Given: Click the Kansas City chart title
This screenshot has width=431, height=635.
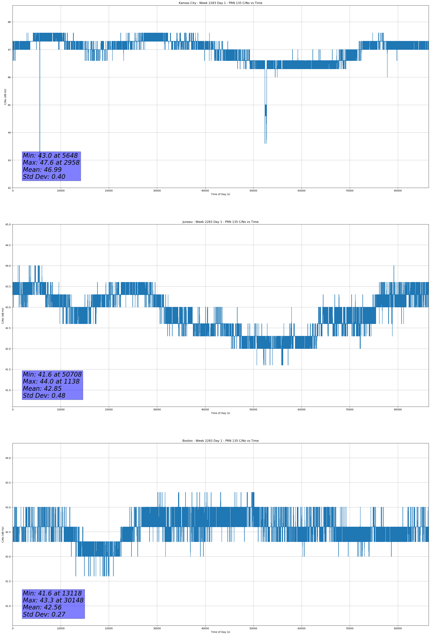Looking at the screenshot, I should click(220, 3).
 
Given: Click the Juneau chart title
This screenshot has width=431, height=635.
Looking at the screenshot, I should click(220, 222).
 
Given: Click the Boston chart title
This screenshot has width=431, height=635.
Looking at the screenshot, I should click(220, 441).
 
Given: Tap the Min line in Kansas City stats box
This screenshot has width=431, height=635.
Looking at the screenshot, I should click(50, 156).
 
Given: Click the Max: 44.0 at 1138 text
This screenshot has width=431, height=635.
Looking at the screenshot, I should click(51, 381).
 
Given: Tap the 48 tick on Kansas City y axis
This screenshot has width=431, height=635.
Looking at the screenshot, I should click(9, 22).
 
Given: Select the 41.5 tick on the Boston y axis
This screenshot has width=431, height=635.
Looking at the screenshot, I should click(8, 581).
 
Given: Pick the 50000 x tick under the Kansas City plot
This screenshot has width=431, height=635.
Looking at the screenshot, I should click(253, 191).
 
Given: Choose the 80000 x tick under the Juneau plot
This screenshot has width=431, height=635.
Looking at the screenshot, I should click(398, 409).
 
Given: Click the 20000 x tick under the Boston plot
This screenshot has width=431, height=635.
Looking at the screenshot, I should click(109, 628).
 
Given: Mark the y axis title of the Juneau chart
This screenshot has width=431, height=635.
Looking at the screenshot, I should click(3, 316).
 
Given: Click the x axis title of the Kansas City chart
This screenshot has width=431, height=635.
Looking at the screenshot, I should click(220, 194).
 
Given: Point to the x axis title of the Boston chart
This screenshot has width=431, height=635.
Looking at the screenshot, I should click(220, 632).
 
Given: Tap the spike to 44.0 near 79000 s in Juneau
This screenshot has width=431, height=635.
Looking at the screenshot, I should click(394, 266).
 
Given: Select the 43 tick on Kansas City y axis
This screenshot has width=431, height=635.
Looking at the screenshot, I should click(9, 160).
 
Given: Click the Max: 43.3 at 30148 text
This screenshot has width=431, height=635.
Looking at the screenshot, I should click(53, 600).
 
